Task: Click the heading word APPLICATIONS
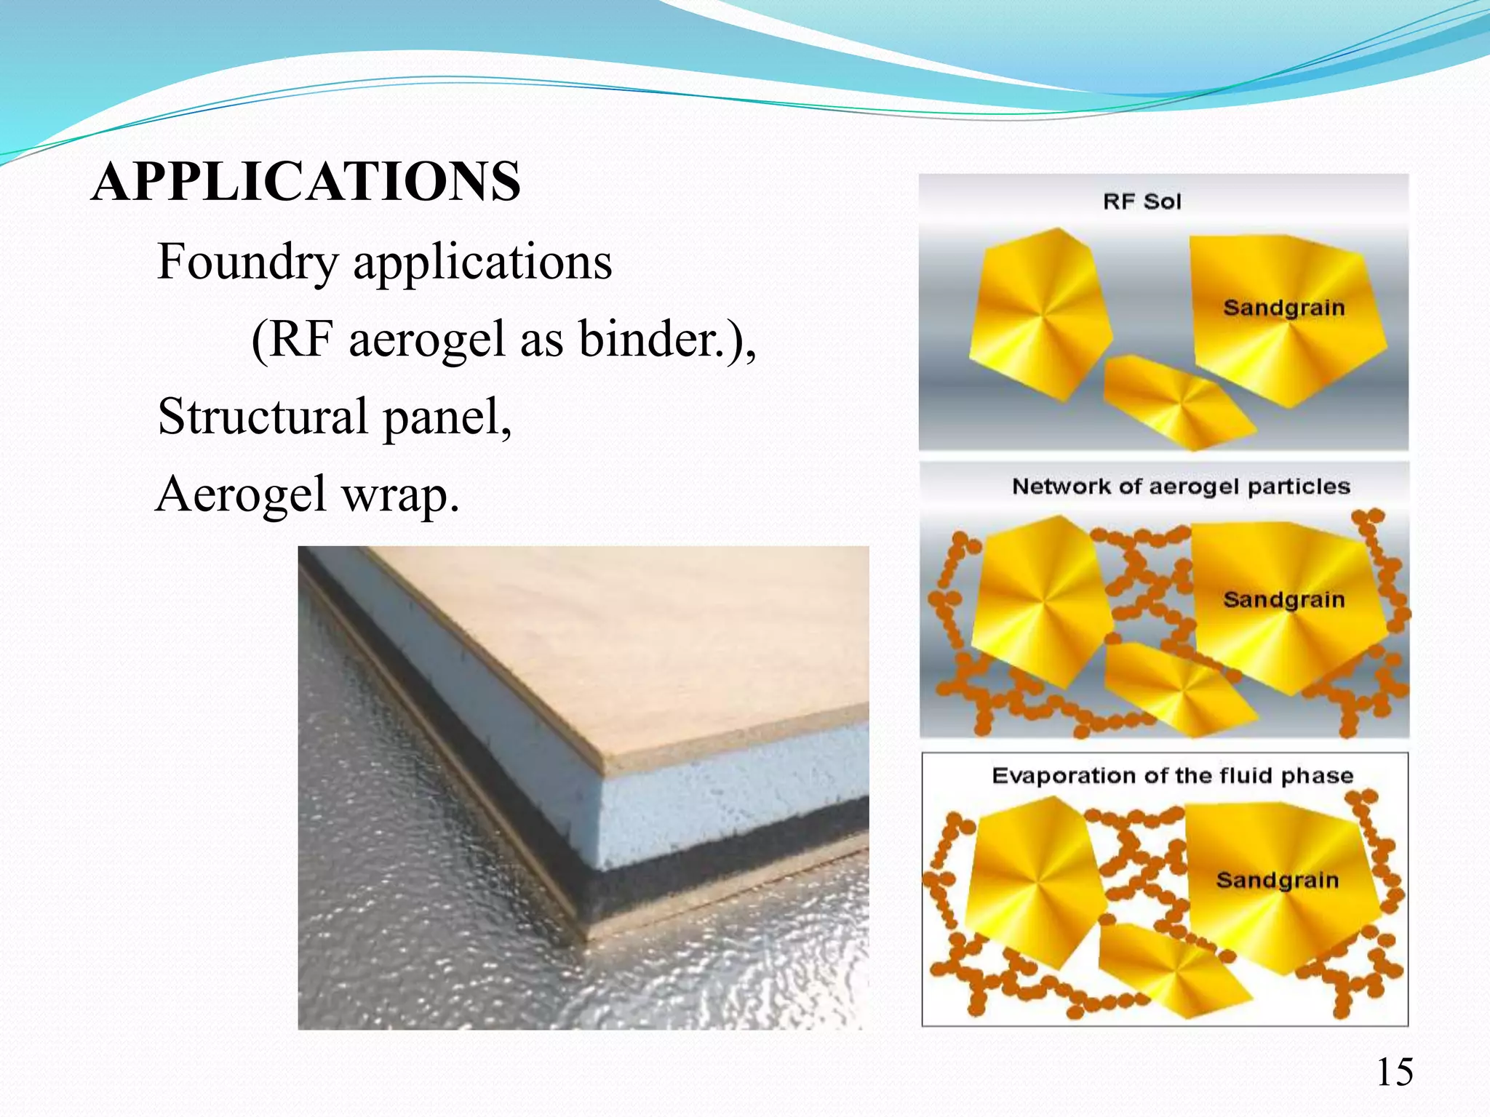tap(306, 182)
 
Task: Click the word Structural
tap(263, 417)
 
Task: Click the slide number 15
tap(1394, 1073)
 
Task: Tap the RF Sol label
tap(1142, 202)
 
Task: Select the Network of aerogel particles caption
tap(1181, 487)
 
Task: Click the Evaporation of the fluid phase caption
tap(1172, 776)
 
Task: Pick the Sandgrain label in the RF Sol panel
tap(1283, 308)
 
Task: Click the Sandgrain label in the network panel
tap(1283, 601)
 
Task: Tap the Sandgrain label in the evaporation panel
tap(1277, 881)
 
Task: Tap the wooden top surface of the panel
tap(655, 640)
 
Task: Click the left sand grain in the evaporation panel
tap(1033, 880)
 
